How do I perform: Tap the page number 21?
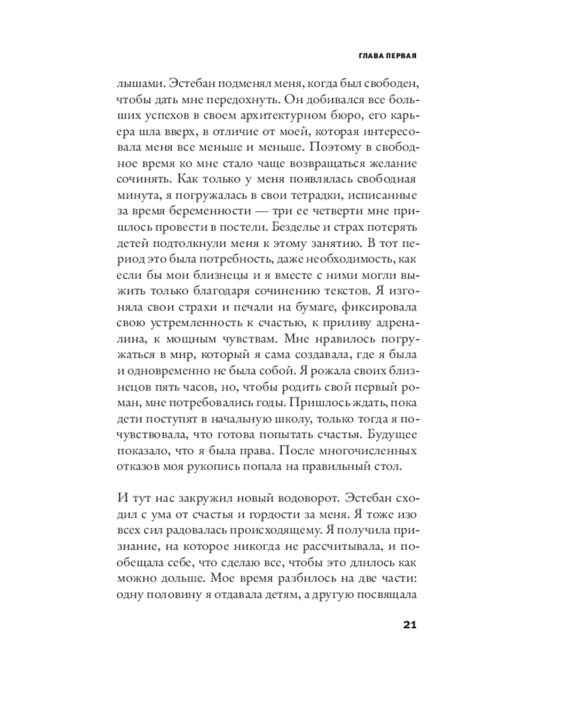click(410, 624)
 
